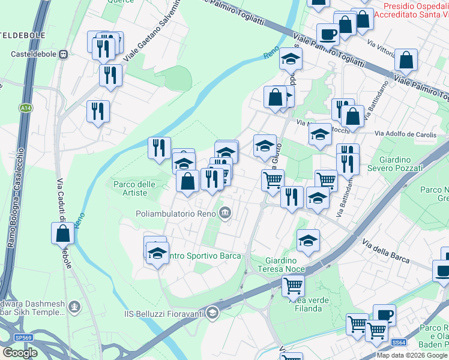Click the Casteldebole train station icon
click(64, 54)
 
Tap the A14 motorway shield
click(25, 108)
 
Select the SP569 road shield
click(23, 338)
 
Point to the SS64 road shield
click(399, 342)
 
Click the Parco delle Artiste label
click(130, 188)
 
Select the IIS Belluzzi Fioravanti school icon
click(211, 313)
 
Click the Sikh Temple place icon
click(74, 307)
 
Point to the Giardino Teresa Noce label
click(282, 265)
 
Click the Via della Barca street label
click(385, 251)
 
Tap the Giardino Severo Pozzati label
click(401, 164)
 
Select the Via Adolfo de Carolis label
click(405, 134)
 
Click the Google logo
click(20, 353)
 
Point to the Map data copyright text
click(412, 355)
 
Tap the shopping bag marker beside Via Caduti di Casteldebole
click(63, 233)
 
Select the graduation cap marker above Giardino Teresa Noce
click(308, 240)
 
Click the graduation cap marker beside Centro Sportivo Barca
click(157, 253)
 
